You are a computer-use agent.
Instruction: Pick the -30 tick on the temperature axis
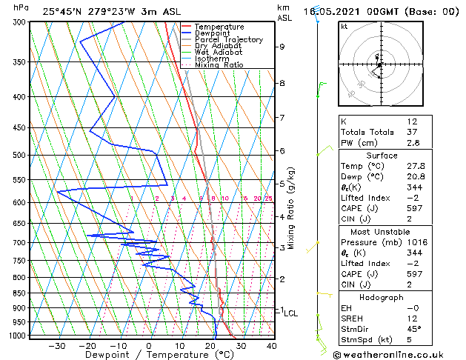pyautogui.click(x=56, y=345)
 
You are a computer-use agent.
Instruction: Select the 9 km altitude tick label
pyautogui.click(x=282, y=47)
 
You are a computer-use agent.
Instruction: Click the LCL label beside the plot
pyautogui.click(x=291, y=313)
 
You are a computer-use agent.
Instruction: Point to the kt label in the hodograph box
pyautogui.click(x=344, y=26)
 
